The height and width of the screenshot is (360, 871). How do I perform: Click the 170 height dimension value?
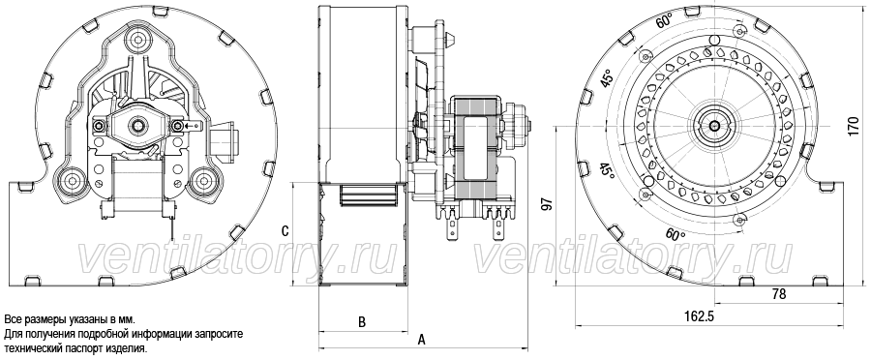click(856, 127)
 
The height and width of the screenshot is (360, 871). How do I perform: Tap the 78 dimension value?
click(780, 294)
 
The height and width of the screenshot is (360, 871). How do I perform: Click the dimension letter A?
click(422, 340)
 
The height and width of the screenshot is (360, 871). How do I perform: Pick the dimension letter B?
click(362, 321)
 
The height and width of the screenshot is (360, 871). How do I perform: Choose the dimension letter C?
click(285, 231)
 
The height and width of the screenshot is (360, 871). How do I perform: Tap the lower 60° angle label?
click(675, 234)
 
